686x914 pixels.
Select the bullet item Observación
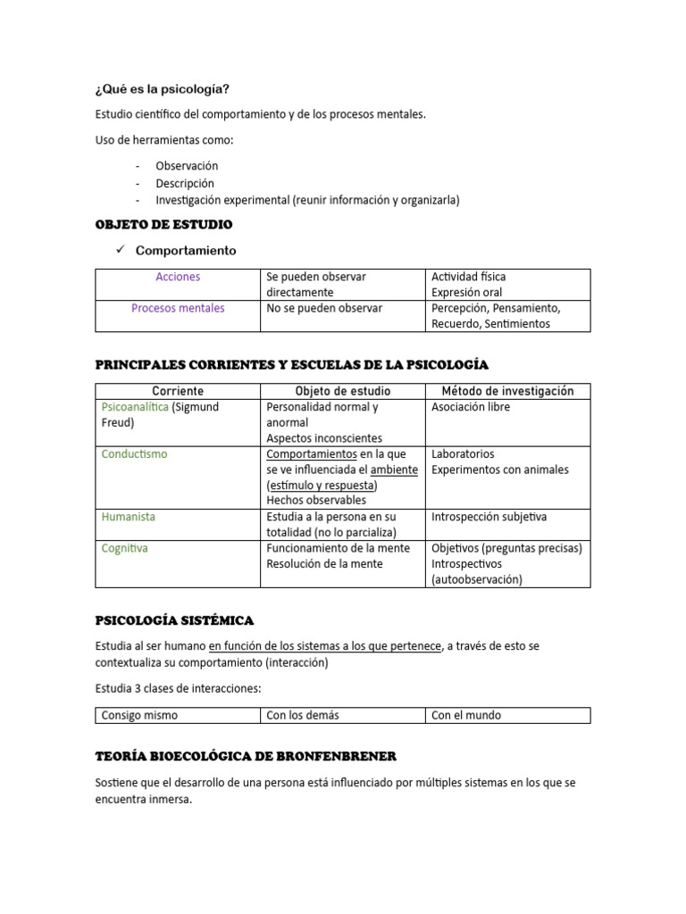point(187,166)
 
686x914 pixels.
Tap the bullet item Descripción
point(185,183)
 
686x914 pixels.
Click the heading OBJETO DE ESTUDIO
point(163,224)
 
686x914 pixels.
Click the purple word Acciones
point(178,277)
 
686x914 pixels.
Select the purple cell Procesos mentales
point(178,308)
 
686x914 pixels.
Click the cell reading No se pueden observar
point(324,308)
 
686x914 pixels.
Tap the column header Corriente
point(178,391)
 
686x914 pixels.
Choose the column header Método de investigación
point(507,391)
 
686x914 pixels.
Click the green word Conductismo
point(135,454)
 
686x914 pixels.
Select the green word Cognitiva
point(125,548)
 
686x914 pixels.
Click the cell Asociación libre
point(471,407)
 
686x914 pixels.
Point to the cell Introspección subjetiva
point(489,517)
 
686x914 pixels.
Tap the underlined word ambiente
point(394,469)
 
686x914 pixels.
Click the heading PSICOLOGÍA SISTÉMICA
point(174,619)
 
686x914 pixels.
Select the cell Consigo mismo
point(139,715)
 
